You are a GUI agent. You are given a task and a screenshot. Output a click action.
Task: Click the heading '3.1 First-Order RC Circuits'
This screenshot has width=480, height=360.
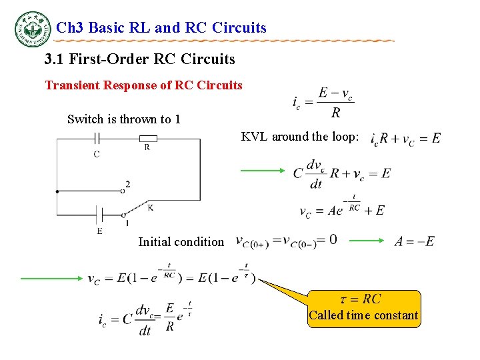(139, 59)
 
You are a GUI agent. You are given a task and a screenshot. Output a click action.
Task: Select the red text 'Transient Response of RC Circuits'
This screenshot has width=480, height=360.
(143, 85)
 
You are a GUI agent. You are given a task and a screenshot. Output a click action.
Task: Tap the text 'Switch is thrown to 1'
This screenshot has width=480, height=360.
(124, 119)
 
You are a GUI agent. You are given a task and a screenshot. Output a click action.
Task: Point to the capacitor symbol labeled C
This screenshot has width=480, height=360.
(97, 139)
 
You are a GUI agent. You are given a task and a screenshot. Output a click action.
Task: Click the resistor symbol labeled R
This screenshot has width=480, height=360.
(148, 139)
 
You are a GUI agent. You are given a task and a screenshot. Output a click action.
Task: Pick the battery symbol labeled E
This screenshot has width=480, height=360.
(99, 215)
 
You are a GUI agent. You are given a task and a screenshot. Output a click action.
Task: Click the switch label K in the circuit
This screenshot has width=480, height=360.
(151, 208)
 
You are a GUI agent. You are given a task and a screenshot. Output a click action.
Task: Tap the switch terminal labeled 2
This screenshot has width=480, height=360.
(127, 185)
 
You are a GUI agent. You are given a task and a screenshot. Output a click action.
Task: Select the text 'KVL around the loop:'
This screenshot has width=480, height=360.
(300, 137)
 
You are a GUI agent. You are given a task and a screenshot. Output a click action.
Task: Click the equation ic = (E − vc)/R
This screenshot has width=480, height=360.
(323, 101)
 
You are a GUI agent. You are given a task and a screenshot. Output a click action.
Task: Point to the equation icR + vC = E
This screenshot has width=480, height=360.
(405, 138)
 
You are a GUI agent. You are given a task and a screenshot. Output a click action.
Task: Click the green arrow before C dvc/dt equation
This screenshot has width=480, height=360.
(262, 171)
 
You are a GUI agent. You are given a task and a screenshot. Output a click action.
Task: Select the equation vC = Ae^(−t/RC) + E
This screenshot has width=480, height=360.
(342, 207)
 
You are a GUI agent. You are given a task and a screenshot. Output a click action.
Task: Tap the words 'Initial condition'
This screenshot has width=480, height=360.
(181, 242)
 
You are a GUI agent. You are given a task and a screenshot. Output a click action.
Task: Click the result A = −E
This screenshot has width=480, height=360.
(414, 241)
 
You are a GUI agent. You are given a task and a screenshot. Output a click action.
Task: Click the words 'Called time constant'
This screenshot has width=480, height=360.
(363, 315)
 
